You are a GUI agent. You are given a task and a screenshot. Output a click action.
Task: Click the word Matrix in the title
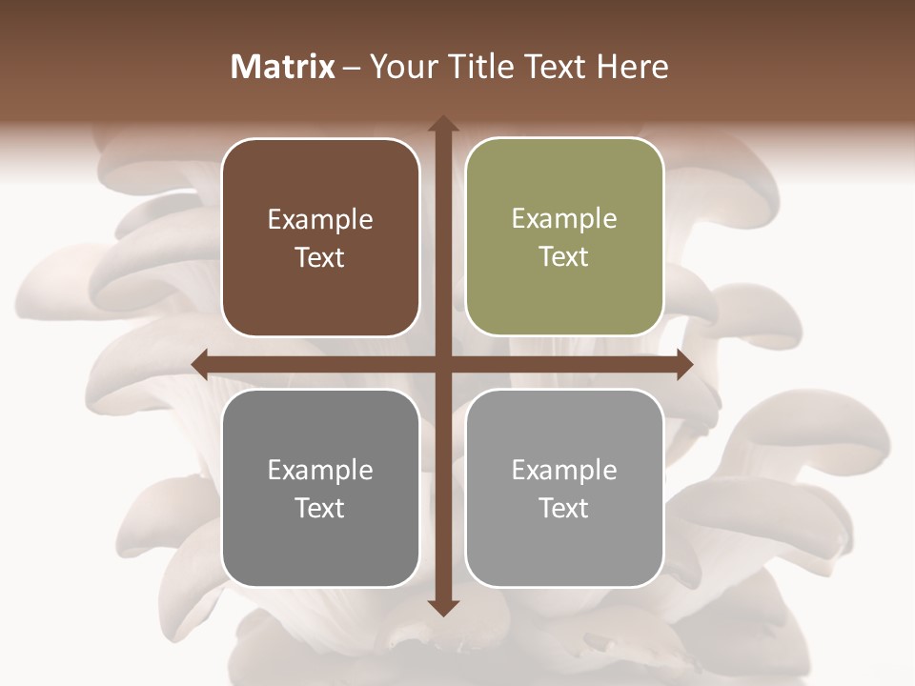pyautogui.click(x=283, y=67)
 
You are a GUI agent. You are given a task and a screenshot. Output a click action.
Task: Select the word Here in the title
pyautogui.click(x=632, y=67)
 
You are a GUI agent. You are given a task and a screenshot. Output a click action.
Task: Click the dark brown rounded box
pyautogui.click(x=320, y=295)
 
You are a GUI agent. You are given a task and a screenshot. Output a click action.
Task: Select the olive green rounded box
pyautogui.click(x=564, y=295)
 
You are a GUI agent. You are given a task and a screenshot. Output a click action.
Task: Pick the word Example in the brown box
pyautogui.click(x=320, y=220)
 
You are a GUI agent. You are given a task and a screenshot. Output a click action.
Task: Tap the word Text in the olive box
pyautogui.click(x=564, y=257)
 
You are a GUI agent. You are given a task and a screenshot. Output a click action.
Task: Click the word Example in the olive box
pyautogui.click(x=564, y=219)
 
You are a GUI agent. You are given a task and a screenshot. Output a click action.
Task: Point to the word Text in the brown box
pyautogui.click(x=320, y=258)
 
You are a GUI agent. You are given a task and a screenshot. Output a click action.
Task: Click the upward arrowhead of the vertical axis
pyautogui.click(x=442, y=125)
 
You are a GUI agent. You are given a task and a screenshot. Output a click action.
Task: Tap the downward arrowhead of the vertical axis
pyautogui.click(x=442, y=607)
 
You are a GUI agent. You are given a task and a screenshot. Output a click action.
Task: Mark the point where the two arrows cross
pyautogui.click(x=442, y=365)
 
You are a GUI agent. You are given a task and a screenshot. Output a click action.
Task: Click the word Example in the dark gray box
pyautogui.click(x=320, y=471)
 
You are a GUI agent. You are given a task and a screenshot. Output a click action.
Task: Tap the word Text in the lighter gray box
pyautogui.click(x=564, y=509)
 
